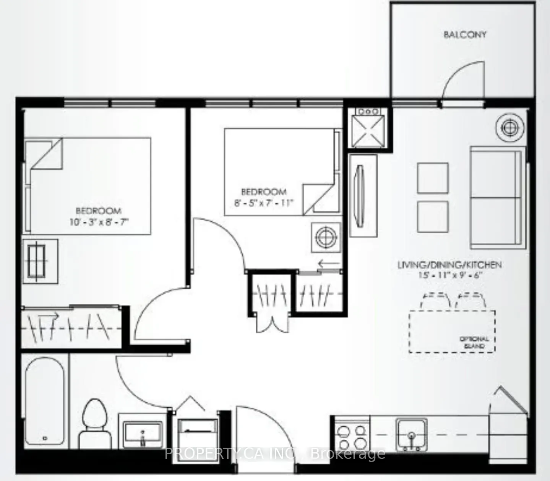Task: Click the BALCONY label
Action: [x=465, y=35]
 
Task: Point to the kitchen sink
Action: [x=411, y=434]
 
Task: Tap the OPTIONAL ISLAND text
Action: [x=474, y=342]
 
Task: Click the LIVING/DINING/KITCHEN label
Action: [x=449, y=265]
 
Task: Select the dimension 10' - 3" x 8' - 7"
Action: [x=99, y=222]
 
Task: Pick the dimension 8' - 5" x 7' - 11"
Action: [x=264, y=203]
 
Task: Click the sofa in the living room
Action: [x=496, y=197]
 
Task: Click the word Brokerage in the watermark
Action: [x=348, y=453]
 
